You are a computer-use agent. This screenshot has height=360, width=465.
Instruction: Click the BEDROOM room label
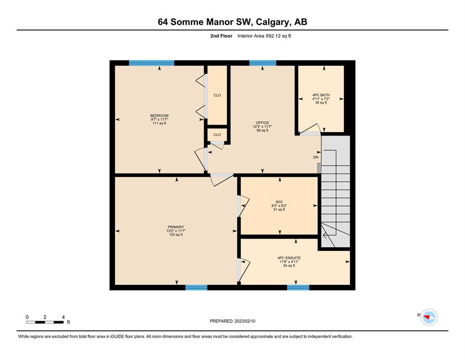[159, 116]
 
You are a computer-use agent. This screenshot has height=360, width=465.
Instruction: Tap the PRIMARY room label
[176, 227]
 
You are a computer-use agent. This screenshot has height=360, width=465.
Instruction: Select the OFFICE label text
[262, 122]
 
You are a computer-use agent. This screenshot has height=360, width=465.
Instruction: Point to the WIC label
[279, 202]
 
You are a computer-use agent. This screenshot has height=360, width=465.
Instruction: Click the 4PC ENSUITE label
[289, 258]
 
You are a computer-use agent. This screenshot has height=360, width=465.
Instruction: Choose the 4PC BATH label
[321, 95]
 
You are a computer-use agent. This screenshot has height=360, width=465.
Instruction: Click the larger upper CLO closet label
[217, 95]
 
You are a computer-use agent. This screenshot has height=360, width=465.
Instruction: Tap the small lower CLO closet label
[217, 135]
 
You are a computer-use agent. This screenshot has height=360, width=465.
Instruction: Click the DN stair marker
[316, 157]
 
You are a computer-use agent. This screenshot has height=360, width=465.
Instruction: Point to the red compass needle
[428, 317]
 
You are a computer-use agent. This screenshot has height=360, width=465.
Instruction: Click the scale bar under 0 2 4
[45, 322]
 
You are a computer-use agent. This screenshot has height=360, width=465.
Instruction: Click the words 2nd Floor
[221, 36]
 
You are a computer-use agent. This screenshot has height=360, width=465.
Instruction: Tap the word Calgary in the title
[272, 22]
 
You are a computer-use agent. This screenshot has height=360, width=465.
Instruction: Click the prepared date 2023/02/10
[245, 321]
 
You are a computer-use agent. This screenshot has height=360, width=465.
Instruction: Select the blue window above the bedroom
[152, 63]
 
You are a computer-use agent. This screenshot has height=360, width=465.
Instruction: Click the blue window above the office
[263, 63]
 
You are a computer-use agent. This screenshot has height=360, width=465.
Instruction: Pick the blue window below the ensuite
[298, 287]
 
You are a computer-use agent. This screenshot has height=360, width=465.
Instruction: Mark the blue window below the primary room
[196, 287]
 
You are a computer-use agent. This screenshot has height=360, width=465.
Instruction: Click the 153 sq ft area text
[176, 235]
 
